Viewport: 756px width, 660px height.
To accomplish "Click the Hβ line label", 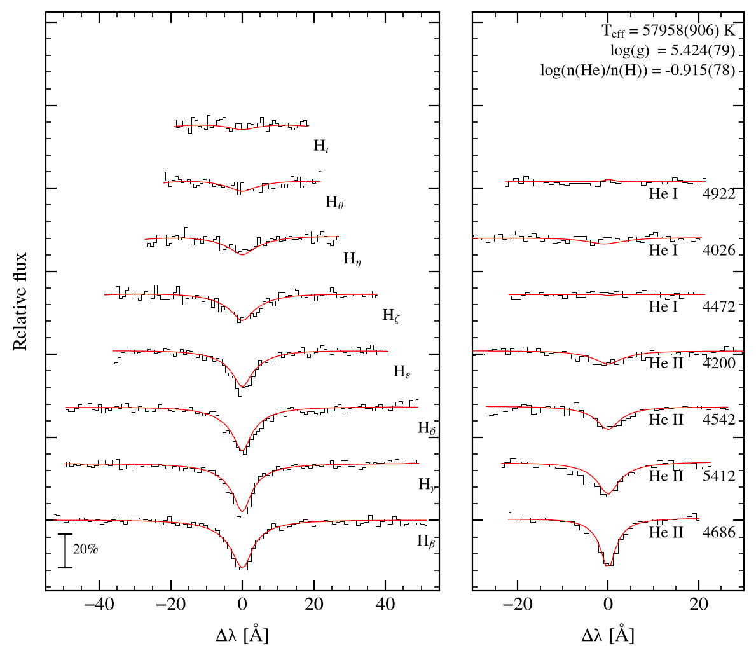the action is pyautogui.click(x=426, y=541).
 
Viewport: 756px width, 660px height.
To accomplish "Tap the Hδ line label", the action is pyautogui.click(x=427, y=428).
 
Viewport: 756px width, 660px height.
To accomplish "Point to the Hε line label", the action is pyautogui.click(x=402, y=371).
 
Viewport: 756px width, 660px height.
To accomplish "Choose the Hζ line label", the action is pyautogui.click(x=391, y=315).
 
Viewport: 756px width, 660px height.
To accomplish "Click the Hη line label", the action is pyautogui.click(x=352, y=259).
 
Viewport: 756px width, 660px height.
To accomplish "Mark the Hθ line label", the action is pyautogui.click(x=334, y=202).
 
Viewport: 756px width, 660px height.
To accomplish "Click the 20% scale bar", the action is pyautogui.click(x=65, y=551).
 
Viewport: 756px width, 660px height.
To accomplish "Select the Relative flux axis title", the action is pyautogui.click(x=20, y=301).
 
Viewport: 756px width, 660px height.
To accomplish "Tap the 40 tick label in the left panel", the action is pyautogui.click(x=385, y=605).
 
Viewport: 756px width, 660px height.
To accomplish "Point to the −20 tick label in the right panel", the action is pyautogui.click(x=518, y=605).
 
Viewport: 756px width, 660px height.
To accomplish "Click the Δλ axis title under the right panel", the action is pyautogui.click(x=607, y=635).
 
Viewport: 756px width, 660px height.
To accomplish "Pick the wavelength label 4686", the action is pyautogui.click(x=719, y=532).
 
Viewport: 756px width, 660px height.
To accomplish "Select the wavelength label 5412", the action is pyautogui.click(x=719, y=476).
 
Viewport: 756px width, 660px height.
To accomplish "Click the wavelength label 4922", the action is pyautogui.click(x=719, y=194).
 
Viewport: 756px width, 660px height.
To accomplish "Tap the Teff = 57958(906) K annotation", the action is pyautogui.click(x=669, y=31).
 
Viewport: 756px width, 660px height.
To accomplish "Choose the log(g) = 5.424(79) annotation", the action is pyautogui.click(x=673, y=51).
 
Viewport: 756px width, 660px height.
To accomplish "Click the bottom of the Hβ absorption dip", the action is pyautogui.click(x=242, y=568).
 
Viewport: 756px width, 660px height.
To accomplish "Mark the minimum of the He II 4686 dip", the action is pyautogui.click(x=608, y=565).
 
